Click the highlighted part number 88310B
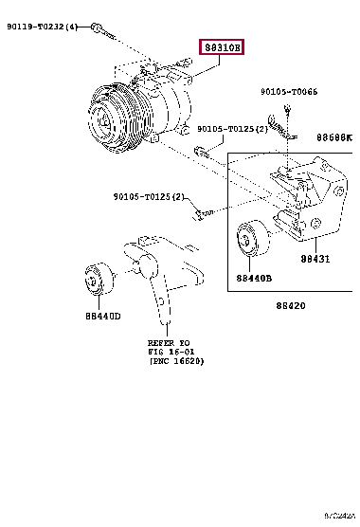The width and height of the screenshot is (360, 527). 221,47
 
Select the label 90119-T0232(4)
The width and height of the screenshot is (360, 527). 45,27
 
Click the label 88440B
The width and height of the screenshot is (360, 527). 254,279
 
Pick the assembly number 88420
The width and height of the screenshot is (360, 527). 291,305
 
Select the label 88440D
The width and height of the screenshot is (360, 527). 103,316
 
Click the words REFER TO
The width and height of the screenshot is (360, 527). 169,342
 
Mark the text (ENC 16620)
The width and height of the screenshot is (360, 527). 175,361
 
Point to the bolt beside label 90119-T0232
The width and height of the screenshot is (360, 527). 103,30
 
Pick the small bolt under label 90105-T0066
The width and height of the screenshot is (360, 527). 282,123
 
